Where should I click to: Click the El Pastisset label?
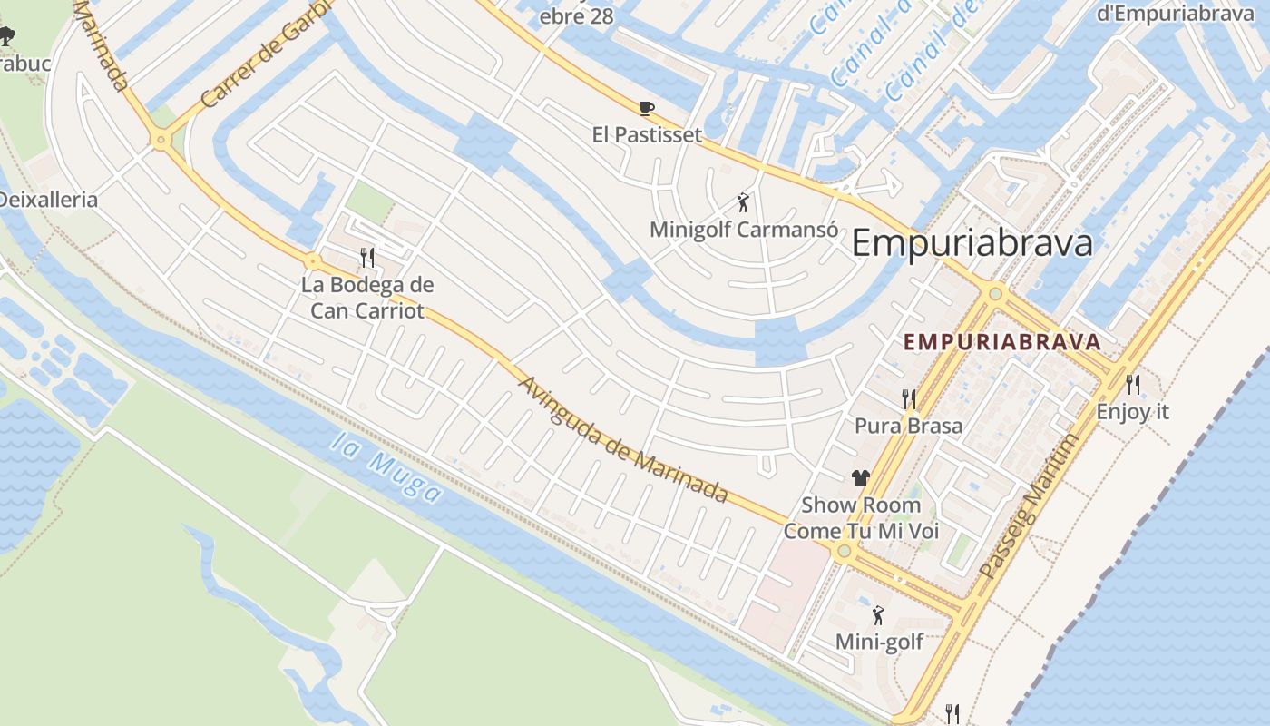coord(647,135)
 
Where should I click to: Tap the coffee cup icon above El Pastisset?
coord(647,109)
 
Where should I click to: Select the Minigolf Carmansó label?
coord(743,230)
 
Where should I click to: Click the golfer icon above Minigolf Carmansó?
coord(743,203)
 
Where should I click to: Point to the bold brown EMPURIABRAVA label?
coord(1002,342)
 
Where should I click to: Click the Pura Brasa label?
coord(908,426)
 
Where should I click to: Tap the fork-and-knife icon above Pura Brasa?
coord(908,398)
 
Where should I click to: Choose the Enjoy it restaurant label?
coord(1133,411)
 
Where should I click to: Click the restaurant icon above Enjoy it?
coord(1133,385)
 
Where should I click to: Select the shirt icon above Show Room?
coord(860,478)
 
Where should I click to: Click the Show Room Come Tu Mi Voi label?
coord(861,518)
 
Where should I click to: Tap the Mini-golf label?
coord(879,643)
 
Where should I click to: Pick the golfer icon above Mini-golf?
coord(878,616)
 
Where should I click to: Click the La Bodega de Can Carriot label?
coord(367,298)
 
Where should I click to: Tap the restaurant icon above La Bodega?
coord(367,257)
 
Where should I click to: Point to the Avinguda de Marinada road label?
coord(622,438)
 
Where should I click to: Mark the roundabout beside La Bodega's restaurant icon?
coord(313,262)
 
